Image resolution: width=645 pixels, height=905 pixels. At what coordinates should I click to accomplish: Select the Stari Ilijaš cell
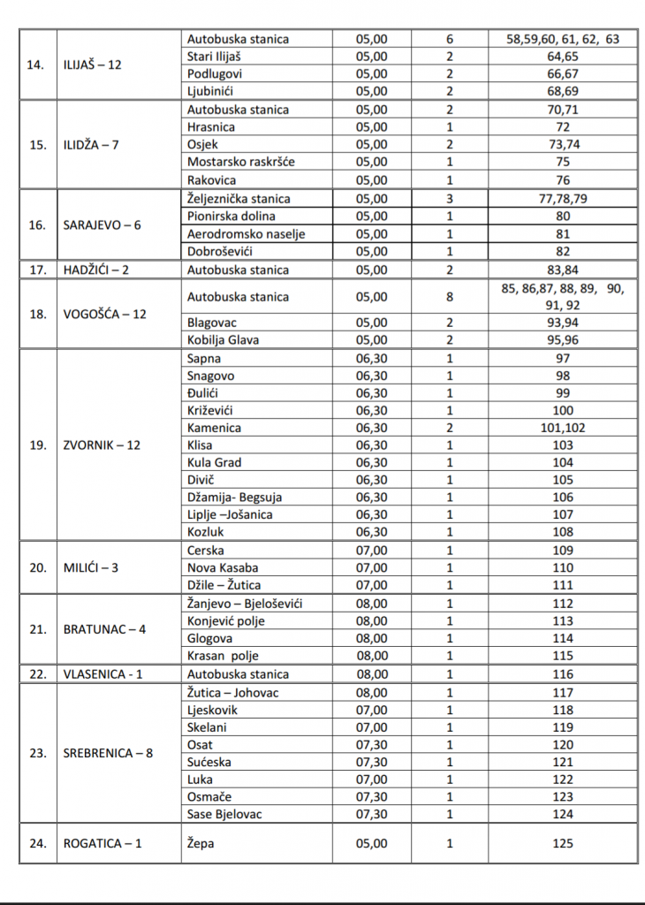point(218,57)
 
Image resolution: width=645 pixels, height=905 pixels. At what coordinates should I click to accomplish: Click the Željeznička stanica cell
point(239,199)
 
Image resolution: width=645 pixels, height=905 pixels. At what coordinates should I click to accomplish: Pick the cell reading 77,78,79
point(562,199)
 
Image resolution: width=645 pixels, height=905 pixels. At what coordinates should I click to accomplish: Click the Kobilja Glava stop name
point(224,340)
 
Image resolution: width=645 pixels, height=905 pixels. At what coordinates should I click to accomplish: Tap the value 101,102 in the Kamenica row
point(562,428)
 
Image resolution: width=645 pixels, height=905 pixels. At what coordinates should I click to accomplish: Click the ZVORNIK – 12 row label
point(102,445)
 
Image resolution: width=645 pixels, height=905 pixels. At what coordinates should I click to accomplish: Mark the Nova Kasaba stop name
point(222,567)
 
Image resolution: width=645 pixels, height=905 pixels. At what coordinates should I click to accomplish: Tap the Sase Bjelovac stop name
point(224,814)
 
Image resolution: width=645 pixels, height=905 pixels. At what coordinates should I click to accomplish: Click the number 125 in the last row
point(562,844)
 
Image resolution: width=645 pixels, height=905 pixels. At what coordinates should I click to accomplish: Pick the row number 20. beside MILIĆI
point(37,567)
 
